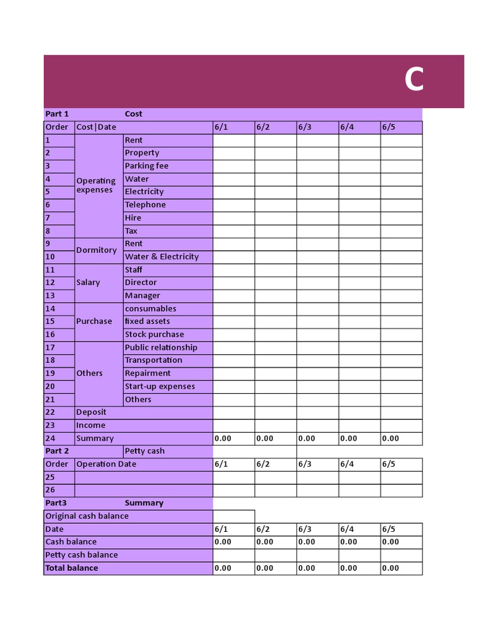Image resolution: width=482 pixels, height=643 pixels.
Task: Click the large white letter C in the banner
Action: point(414,80)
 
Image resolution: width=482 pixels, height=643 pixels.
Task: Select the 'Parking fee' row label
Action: point(146,166)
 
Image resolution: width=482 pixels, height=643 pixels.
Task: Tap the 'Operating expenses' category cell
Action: point(96,185)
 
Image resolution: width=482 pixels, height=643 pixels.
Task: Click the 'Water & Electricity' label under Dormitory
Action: point(161,256)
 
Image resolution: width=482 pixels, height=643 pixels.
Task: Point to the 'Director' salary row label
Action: point(141,283)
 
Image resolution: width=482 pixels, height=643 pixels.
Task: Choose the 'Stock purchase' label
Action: point(154,334)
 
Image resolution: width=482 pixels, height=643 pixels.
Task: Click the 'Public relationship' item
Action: point(161,347)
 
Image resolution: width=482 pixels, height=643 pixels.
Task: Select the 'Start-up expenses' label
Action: point(159,386)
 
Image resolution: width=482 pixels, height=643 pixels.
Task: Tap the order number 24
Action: point(50,438)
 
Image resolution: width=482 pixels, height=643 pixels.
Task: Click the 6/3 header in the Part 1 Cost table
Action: point(305,127)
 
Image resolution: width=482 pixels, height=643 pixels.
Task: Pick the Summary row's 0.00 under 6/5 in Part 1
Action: point(390,438)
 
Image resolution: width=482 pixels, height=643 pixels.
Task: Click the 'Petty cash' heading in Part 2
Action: point(144,451)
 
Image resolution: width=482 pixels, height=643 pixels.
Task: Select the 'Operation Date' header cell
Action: point(106,464)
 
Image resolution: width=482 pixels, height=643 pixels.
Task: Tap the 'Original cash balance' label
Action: point(87,516)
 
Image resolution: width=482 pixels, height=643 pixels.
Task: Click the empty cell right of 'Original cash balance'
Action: point(233,516)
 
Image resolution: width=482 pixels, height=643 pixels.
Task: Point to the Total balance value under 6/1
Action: point(223,568)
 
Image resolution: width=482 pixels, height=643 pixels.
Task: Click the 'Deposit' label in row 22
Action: point(91,412)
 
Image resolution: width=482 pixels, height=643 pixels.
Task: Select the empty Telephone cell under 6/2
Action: point(276,205)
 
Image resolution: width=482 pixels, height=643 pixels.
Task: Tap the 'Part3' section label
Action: point(56,503)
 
